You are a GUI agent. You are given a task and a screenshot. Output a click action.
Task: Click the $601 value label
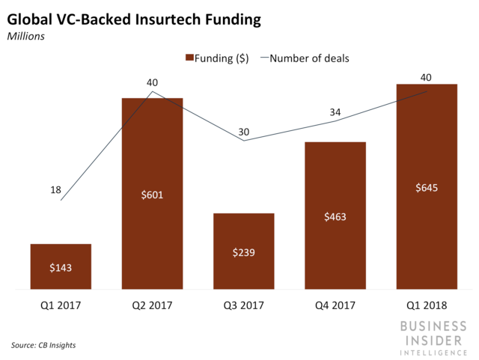click(152, 195)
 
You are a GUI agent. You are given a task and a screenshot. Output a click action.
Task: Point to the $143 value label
click(60, 267)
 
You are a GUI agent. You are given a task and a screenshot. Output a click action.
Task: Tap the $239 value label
click(243, 252)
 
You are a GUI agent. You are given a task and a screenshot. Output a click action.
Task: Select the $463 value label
click(335, 217)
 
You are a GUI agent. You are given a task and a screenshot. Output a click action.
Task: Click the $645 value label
click(427, 187)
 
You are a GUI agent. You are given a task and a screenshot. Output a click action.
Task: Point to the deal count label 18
click(55, 190)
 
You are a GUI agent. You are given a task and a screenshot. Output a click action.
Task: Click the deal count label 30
click(245, 132)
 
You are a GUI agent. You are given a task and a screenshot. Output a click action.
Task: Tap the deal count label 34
click(335, 112)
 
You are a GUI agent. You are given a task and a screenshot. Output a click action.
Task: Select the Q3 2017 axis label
click(243, 305)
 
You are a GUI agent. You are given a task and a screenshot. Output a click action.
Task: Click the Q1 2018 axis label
click(427, 305)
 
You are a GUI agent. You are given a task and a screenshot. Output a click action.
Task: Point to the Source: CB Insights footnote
click(43, 345)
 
